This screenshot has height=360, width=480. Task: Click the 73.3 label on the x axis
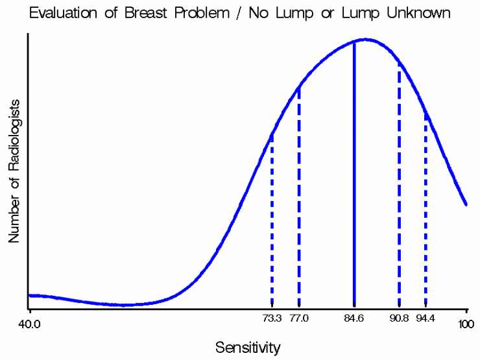coord(272,318)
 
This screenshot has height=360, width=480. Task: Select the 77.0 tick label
coord(299,318)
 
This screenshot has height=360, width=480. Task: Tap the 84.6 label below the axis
coord(354,318)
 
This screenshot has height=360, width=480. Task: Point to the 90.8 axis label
coord(399,318)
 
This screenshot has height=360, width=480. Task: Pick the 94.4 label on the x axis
coord(426,318)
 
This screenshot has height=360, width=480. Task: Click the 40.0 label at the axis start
coord(29,324)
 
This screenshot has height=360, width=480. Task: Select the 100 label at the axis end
coord(466,324)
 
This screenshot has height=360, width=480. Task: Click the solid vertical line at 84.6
coord(354,174)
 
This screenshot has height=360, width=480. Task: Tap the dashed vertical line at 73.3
coord(272,221)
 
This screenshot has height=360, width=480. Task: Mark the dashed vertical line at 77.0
coord(299,197)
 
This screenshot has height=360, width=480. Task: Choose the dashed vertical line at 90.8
coord(399,184)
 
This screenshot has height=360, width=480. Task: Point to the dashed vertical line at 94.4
coord(426,210)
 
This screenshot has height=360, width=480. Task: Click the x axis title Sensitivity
coord(248,348)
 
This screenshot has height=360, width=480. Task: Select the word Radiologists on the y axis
coord(14,135)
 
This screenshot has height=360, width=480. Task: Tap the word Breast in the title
coord(147,13)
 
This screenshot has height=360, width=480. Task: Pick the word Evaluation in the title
coord(63,13)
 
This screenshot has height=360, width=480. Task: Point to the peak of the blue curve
coord(366,40)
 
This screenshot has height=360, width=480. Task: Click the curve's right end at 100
coord(466,204)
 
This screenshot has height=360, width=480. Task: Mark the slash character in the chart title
coord(239,14)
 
